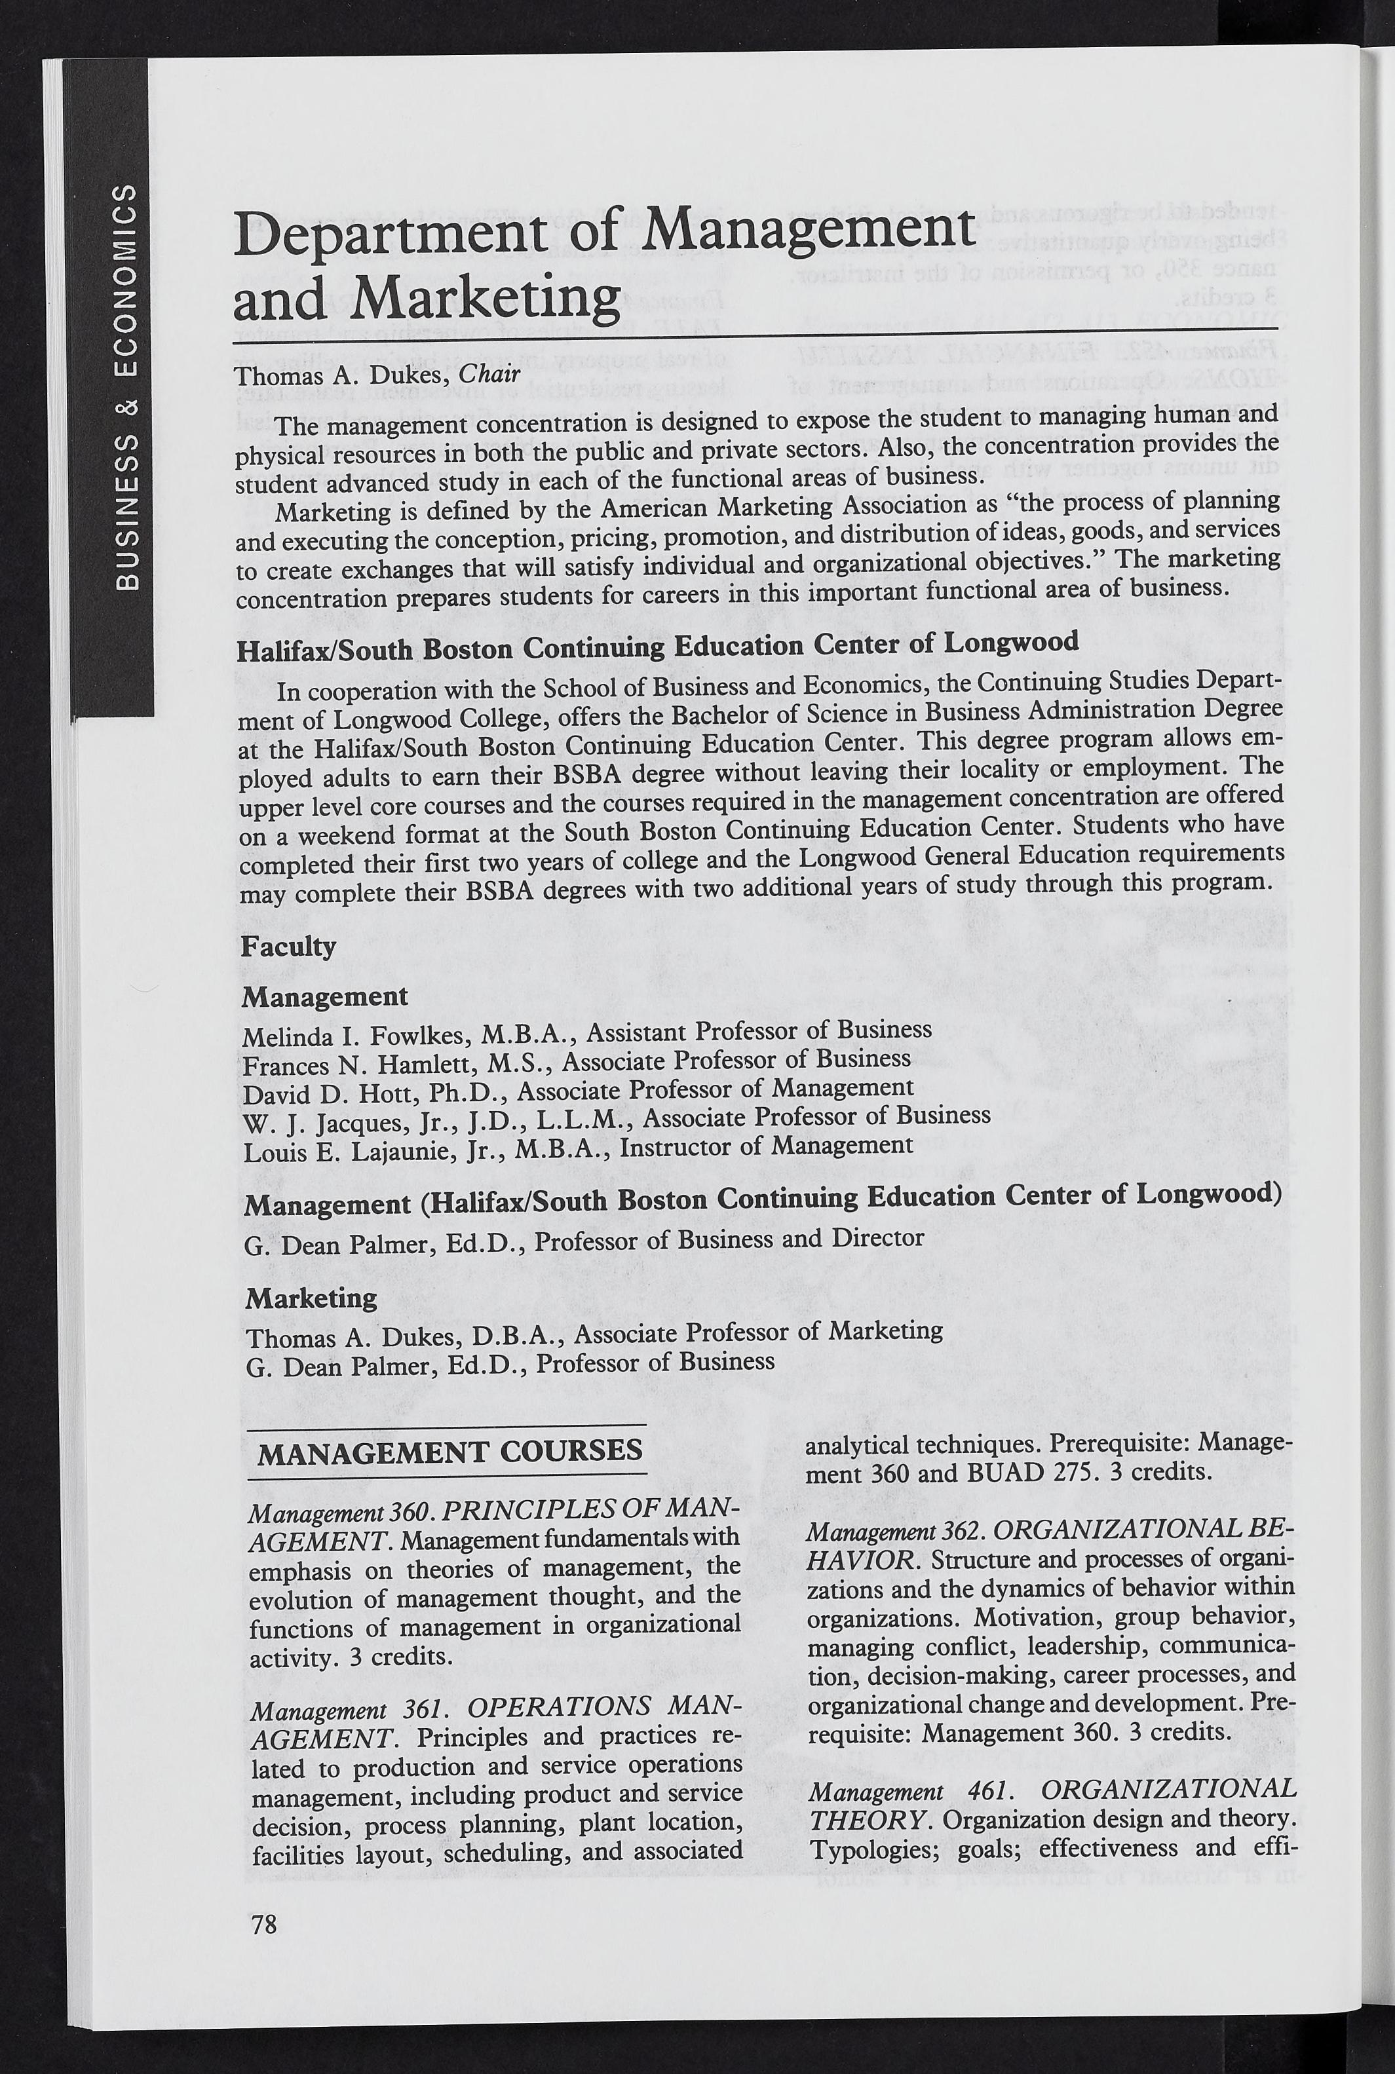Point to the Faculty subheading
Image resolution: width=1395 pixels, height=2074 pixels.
288,947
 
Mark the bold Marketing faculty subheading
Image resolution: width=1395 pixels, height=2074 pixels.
311,1298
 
